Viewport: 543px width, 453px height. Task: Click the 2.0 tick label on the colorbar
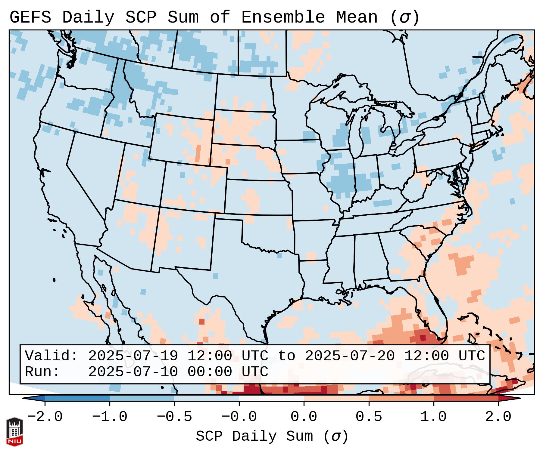[498, 417]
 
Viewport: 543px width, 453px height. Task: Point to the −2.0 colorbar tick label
[45, 417]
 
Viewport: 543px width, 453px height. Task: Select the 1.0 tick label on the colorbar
[433, 417]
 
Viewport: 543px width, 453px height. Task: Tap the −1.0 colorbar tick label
[110, 417]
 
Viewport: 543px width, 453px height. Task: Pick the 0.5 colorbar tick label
[369, 417]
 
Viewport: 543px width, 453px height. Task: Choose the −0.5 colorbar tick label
[174, 417]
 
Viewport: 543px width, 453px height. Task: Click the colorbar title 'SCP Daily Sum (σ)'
[272, 436]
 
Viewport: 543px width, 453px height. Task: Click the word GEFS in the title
[30, 17]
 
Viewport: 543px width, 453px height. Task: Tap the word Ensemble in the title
[283, 17]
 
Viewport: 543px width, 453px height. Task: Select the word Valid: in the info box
[51, 356]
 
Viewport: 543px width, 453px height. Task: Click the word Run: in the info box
[42, 372]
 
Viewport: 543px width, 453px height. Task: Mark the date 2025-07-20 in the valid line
[350, 356]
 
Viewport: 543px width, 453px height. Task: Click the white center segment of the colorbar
[271, 398]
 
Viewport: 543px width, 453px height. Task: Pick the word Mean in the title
[357, 17]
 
